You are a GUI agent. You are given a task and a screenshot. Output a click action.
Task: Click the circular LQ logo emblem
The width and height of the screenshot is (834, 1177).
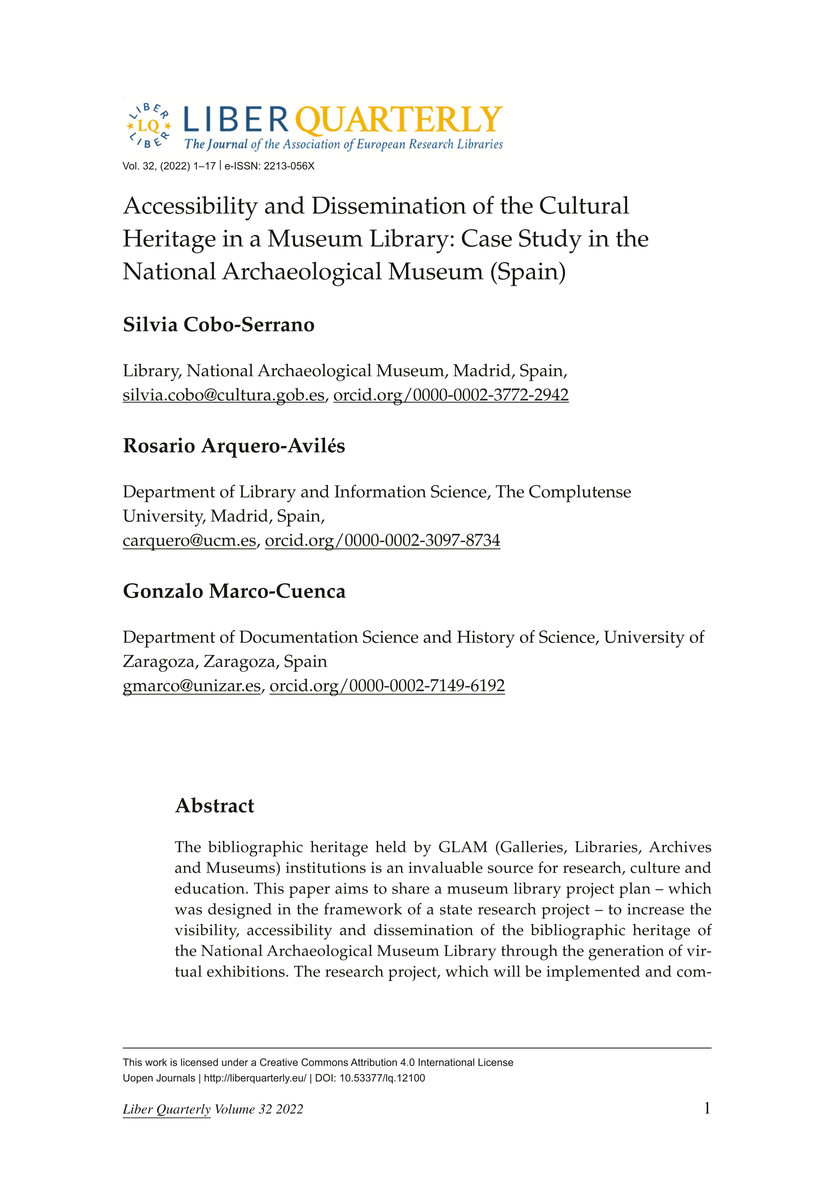coord(148,126)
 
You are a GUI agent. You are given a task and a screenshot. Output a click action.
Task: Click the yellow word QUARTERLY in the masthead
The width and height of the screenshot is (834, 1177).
coord(399,120)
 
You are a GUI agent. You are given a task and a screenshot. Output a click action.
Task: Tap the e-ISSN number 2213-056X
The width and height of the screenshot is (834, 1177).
coord(289,166)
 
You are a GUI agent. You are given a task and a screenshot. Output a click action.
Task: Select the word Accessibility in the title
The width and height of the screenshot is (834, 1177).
coord(190,206)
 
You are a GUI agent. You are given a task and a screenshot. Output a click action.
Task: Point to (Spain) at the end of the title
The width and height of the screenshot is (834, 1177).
coord(528,272)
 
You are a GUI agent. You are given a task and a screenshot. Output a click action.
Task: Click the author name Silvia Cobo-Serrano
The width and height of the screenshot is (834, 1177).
coord(218,325)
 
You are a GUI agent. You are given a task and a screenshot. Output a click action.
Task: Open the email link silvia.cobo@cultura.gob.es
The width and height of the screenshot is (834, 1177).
coord(224,395)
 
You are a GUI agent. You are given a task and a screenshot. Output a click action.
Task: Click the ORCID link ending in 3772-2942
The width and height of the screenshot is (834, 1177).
coord(451,395)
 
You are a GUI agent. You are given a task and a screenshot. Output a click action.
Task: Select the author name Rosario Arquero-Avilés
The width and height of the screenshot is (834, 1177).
coord(234,446)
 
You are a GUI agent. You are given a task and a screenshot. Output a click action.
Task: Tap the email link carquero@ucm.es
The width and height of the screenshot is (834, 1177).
coord(189,540)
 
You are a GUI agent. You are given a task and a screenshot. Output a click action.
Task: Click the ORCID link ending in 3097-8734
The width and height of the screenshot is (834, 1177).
coord(382,540)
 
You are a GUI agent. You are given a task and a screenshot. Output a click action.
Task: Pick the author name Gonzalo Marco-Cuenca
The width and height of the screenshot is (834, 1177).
coord(234,591)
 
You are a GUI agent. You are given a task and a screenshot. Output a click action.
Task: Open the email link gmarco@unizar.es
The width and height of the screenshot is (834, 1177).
coord(192,686)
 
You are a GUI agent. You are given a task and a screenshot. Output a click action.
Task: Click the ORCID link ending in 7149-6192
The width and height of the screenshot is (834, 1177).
coord(387,686)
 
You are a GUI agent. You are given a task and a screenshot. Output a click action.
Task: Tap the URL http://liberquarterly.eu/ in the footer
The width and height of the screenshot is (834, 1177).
coord(255,1078)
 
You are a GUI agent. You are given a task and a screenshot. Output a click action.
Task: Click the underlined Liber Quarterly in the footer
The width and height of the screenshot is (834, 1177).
coord(166,1110)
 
